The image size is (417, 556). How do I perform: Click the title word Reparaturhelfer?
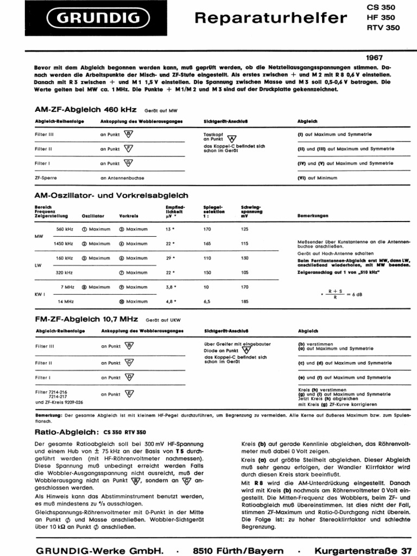tap(270, 18)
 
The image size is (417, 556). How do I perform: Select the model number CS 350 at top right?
tap(381, 8)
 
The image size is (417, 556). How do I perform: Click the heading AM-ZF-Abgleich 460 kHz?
tap(86, 109)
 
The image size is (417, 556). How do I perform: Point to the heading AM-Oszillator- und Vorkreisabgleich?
tap(111, 195)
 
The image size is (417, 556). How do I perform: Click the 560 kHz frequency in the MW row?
tap(64, 229)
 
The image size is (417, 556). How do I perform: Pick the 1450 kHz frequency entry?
tap(63, 244)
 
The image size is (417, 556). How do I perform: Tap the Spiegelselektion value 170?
tap(206, 229)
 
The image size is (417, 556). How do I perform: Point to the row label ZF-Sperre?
tap(46, 178)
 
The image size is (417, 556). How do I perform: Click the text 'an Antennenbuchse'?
tap(122, 178)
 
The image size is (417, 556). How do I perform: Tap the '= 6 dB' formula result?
tap(355, 294)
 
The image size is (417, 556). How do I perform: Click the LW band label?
tap(38, 266)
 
